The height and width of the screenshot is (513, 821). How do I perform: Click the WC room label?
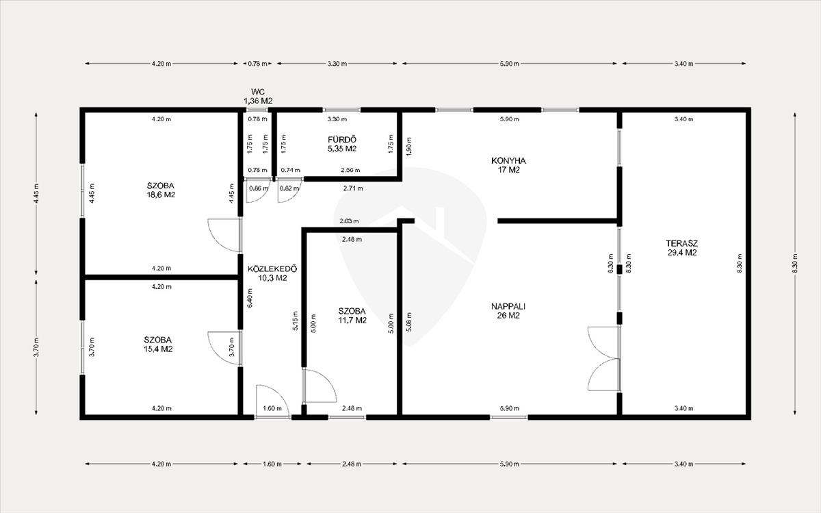pos(258,92)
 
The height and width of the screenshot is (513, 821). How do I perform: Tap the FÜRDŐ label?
pos(342,140)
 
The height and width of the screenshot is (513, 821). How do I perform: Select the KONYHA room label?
pos(508,160)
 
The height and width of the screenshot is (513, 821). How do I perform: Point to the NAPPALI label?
pos(508,306)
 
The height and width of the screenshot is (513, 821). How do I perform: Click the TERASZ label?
pos(681,243)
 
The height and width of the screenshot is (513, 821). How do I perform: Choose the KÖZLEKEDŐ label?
pos(272,268)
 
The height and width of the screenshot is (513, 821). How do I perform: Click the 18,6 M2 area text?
pos(161,195)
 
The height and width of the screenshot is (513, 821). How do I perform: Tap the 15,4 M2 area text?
pos(158,349)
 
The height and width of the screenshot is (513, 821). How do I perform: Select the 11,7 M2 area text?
pos(352,321)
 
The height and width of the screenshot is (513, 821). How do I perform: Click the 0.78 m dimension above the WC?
pos(258,64)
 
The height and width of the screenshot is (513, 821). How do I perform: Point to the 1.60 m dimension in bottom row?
pos(272,464)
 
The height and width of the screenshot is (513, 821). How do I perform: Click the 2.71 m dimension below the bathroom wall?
pos(353,188)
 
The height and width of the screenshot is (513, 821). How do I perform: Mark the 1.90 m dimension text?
pos(409,147)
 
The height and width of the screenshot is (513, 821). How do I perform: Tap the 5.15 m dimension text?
pos(296,321)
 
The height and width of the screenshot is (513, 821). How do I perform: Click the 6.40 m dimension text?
pos(250,298)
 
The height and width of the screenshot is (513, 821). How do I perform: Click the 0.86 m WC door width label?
pos(259,188)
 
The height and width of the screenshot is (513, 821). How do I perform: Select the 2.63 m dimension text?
pos(349,221)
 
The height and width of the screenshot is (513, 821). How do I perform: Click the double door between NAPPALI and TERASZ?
pos(604,358)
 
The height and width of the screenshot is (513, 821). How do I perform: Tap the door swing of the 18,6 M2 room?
pos(224,235)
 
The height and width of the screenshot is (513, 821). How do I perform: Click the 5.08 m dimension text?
pos(409,322)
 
